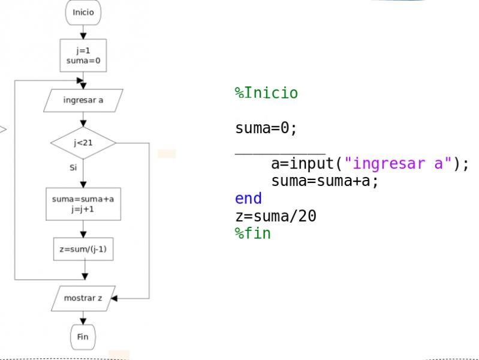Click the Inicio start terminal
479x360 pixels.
tap(83, 12)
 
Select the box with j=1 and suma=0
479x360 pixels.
tap(83, 55)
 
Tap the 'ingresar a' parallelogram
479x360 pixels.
tap(83, 100)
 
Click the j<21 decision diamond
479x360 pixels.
tap(83, 143)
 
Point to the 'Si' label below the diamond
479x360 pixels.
tap(73, 167)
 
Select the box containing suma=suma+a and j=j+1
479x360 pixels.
tap(83, 204)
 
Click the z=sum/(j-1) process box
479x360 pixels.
tap(83, 249)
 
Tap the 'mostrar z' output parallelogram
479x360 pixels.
tap(83, 298)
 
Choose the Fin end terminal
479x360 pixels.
tap(83, 337)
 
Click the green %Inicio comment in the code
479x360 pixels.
tap(266, 93)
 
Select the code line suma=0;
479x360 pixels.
tap(266, 128)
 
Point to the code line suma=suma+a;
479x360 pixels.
tap(325, 181)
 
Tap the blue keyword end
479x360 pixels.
tap(248, 198)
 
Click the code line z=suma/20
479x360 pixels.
tap(275, 215)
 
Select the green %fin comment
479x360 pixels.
tap(252, 233)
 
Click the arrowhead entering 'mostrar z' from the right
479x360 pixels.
tap(114, 298)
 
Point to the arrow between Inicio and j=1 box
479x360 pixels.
tap(83, 31)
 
